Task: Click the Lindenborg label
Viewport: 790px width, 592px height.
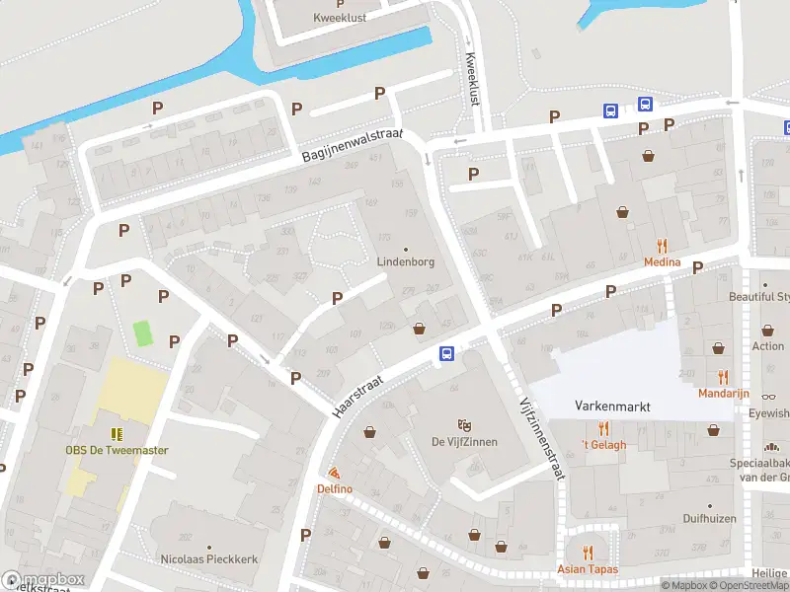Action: point(406,262)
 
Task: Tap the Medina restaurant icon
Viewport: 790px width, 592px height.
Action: point(662,247)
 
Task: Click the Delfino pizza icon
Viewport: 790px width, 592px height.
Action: point(334,474)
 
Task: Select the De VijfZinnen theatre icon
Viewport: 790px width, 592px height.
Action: point(464,425)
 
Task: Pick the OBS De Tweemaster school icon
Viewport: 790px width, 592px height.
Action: point(117,434)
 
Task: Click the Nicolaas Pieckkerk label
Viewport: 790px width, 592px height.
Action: point(209,558)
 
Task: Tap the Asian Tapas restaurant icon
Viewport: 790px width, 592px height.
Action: point(587,553)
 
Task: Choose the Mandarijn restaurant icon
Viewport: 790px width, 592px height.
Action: point(723,377)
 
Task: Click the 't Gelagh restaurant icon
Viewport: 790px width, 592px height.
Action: point(603,428)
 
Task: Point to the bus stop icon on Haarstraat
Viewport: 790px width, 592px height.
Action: point(446,353)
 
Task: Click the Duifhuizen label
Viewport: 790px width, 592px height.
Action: point(710,516)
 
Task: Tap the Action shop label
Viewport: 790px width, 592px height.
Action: point(767,346)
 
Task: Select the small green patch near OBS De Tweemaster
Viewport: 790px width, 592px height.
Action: point(144,333)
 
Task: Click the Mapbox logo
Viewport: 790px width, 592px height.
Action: point(42,580)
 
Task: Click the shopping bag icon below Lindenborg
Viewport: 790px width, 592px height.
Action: point(419,329)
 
